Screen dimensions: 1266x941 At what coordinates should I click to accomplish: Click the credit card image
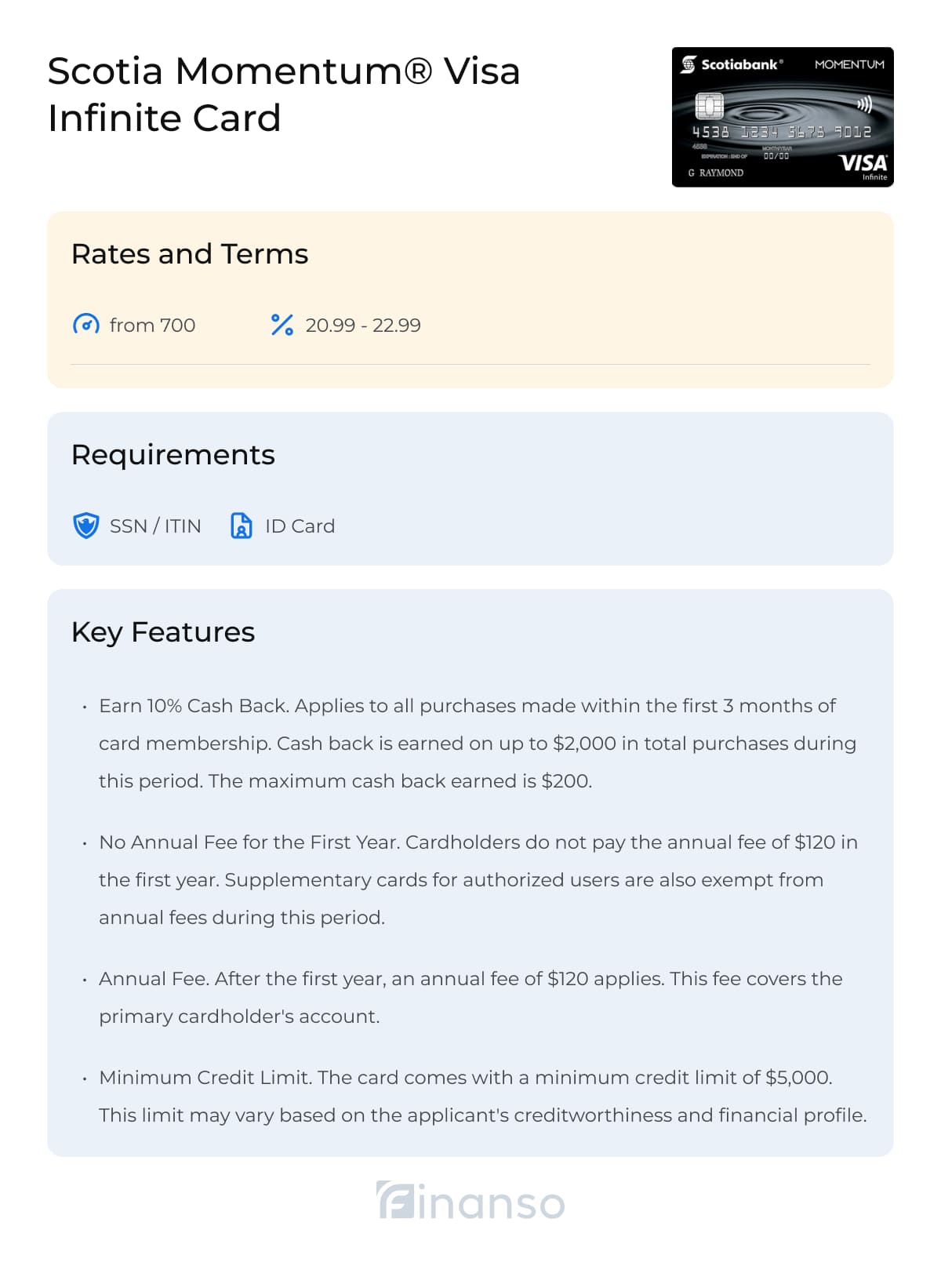[782, 118]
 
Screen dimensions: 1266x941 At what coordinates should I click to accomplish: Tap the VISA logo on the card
[863, 163]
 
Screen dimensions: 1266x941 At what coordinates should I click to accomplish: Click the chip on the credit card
[709, 105]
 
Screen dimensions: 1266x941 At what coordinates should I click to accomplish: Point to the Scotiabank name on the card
[739, 64]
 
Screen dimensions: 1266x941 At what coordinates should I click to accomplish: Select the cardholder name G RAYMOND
[716, 173]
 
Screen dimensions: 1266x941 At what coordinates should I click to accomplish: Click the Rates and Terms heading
[190, 254]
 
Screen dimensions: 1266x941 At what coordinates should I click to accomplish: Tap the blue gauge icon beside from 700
[85, 325]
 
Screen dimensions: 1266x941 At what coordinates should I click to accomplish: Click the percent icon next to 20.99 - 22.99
[282, 325]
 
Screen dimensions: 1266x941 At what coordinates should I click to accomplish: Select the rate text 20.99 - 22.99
[363, 325]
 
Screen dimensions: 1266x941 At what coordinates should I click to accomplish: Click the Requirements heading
[173, 455]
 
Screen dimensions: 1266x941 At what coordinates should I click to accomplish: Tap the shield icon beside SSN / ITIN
[85, 526]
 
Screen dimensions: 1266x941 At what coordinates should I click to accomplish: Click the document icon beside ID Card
[241, 526]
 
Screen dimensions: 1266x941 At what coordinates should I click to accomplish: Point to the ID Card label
[300, 526]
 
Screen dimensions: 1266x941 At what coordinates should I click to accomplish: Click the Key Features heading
[163, 632]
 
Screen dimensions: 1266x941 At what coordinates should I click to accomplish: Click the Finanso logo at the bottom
[470, 1202]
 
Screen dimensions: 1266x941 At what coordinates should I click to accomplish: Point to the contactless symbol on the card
[864, 104]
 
